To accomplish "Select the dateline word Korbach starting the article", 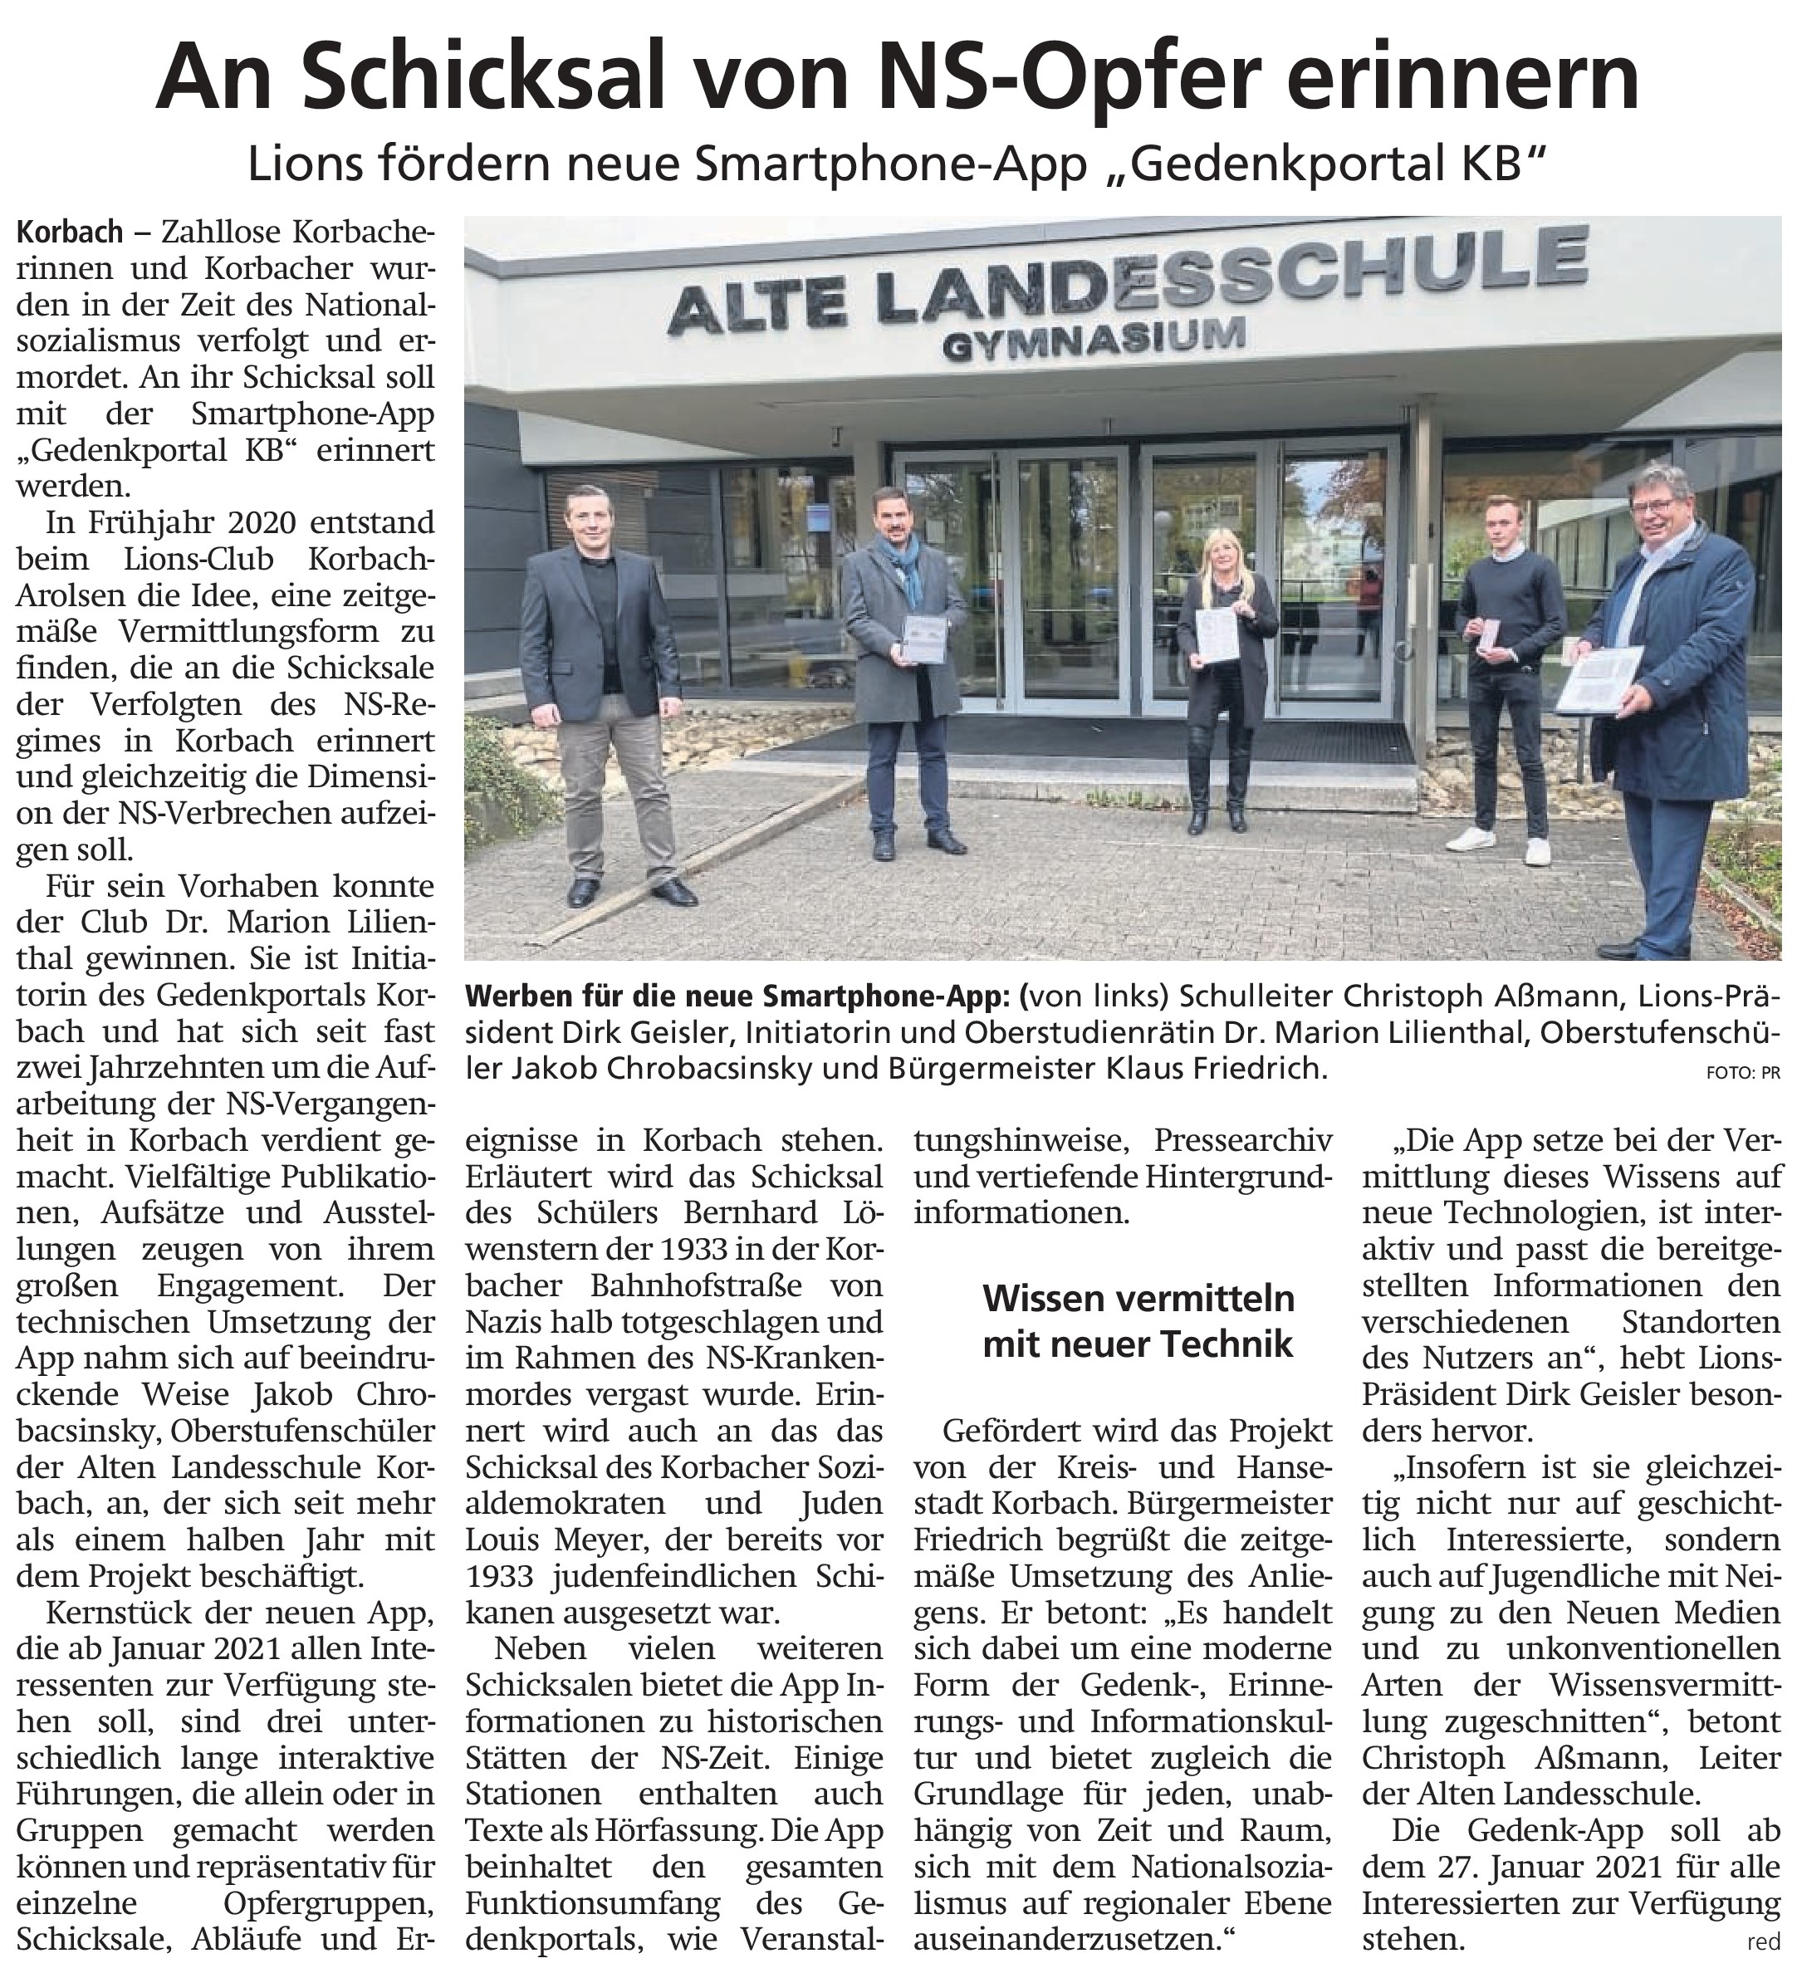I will pos(70,233).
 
